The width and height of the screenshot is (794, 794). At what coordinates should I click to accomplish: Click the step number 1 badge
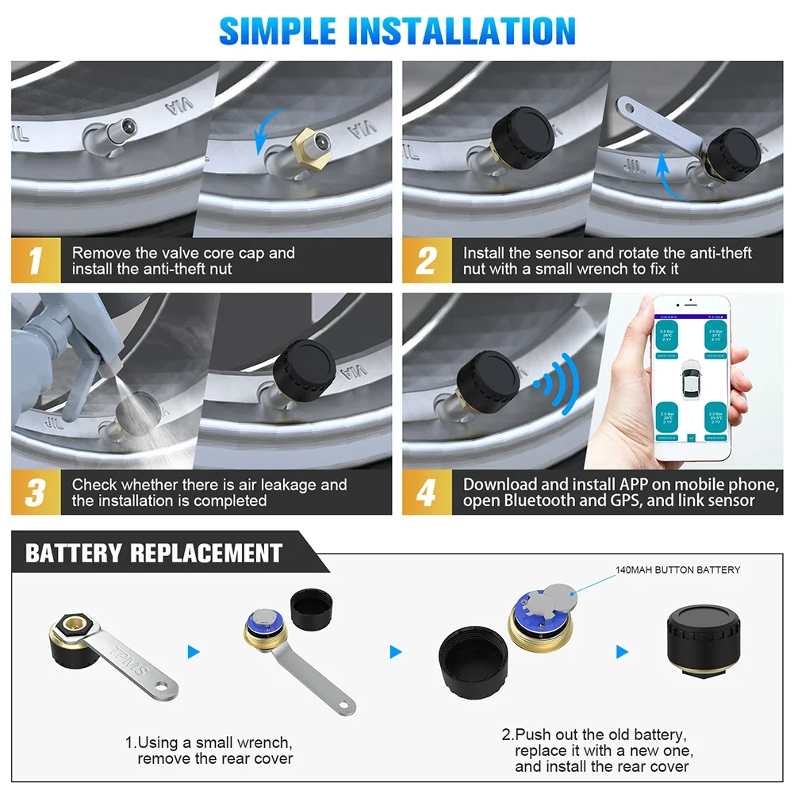pyautogui.click(x=35, y=261)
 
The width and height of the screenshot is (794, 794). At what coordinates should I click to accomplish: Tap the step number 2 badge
pyautogui.click(x=426, y=261)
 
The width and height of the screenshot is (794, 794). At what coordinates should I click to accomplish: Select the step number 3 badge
pyautogui.click(x=35, y=493)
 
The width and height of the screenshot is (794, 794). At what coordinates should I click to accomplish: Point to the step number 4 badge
pyautogui.click(x=426, y=493)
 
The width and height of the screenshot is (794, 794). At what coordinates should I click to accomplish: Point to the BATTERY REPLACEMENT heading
pyautogui.click(x=154, y=553)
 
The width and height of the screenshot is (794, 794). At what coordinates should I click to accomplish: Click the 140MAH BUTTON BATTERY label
pyautogui.click(x=677, y=570)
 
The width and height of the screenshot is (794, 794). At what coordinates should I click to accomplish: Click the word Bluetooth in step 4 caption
pyautogui.click(x=542, y=501)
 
